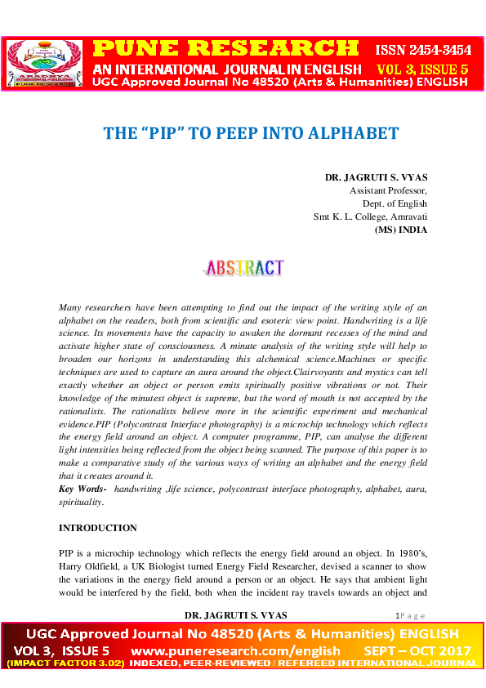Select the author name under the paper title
[x=376, y=177]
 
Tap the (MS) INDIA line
[x=400, y=230]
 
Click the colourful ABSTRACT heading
[x=243, y=268]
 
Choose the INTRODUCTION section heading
[x=98, y=528]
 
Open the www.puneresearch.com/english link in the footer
[x=235, y=650]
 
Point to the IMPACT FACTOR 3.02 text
[x=66, y=663]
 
